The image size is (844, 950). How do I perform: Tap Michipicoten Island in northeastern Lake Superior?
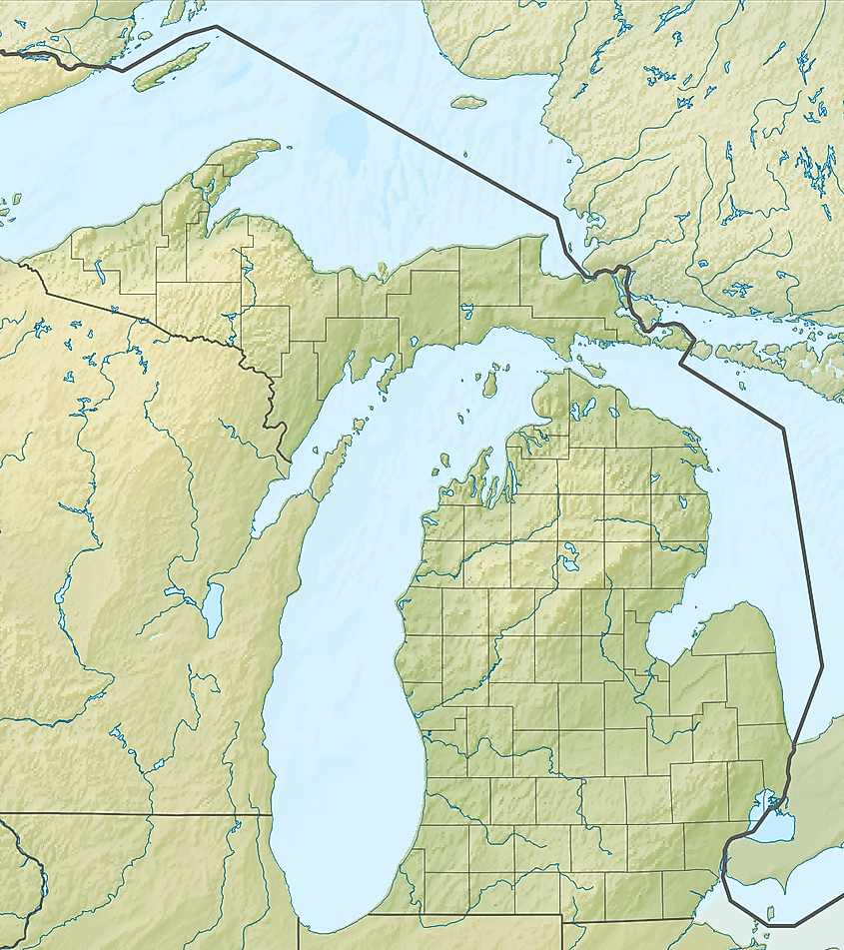click(467, 101)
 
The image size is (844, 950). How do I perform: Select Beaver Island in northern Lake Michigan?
click(490, 381)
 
